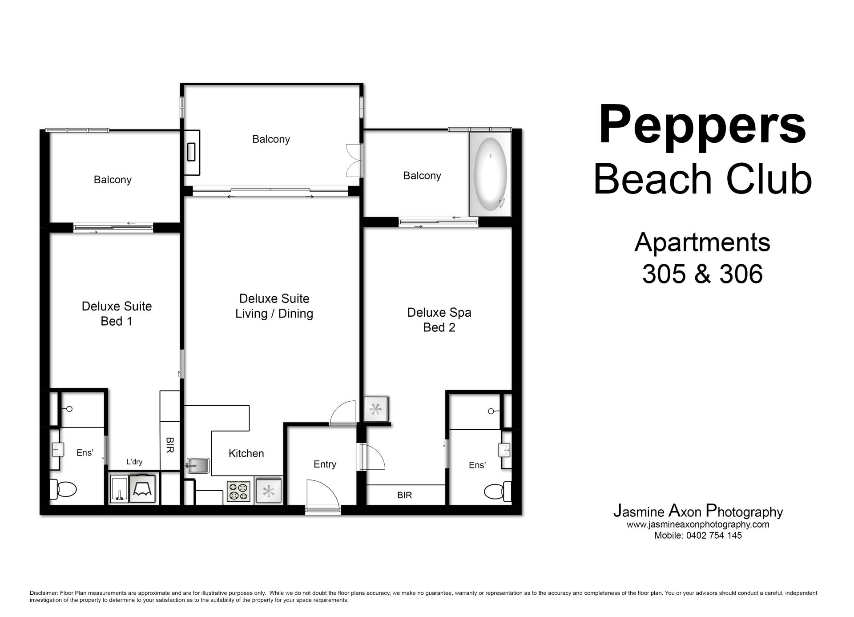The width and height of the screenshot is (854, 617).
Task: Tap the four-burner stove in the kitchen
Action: (x=239, y=491)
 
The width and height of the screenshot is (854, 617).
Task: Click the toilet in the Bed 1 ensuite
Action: (x=62, y=489)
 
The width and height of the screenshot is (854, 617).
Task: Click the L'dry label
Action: (x=134, y=462)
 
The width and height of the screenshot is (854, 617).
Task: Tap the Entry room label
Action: (x=325, y=464)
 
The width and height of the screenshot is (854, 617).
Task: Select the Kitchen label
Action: (x=246, y=453)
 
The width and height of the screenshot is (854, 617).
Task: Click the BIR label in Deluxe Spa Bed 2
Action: (x=405, y=495)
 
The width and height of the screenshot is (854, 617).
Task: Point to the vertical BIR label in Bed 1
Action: (x=169, y=445)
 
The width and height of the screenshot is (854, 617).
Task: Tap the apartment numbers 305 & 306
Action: (x=702, y=274)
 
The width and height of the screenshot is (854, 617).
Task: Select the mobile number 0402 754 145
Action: (x=714, y=536)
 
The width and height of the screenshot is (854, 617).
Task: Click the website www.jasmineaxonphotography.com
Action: (x=698, y=524)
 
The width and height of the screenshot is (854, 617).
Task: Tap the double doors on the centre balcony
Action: (x=354, y=161)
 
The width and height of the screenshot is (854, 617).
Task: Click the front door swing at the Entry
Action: (x=323, y=495)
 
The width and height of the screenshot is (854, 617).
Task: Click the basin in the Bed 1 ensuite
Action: (x=56, y=450)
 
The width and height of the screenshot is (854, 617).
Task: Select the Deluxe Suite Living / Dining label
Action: (x=274, y=306)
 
